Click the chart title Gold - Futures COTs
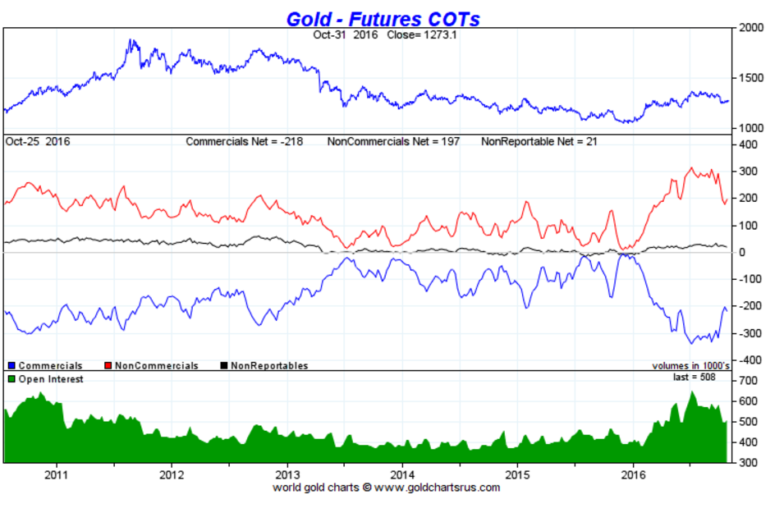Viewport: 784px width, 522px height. [383, 17]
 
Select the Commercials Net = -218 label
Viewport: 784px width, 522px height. [244, 141]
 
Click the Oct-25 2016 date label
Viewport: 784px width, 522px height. [38, 141]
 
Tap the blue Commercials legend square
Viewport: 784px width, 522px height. [11, 365]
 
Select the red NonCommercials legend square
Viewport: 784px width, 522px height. [108, 365]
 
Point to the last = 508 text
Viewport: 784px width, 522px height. [695, 378]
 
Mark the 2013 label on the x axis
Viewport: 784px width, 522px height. [287, 474]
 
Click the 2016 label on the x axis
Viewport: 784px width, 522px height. [633, 474]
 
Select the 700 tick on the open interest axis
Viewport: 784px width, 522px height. [750, 382]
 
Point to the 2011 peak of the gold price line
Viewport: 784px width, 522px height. [129, 40]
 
